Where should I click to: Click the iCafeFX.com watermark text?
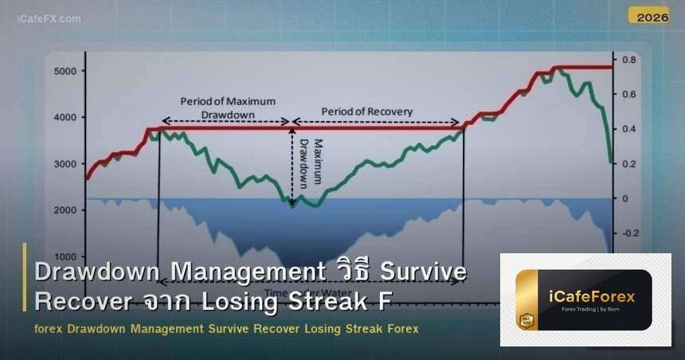point(49,19)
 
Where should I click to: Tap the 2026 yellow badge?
point(648,15)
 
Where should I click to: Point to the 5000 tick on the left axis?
point(65,72)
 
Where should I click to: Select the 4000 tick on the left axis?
point(65,118)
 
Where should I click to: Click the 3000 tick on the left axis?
point(65,164)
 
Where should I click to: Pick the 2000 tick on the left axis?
point(65,210)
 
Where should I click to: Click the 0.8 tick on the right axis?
point(629,60)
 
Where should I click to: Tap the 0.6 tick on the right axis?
point(629,94)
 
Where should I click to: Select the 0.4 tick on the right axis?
point(629,129)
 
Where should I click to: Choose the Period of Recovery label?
point(367,112)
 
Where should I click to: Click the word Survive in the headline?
point(422,272)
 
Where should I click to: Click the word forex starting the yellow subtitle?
point(49,329)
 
